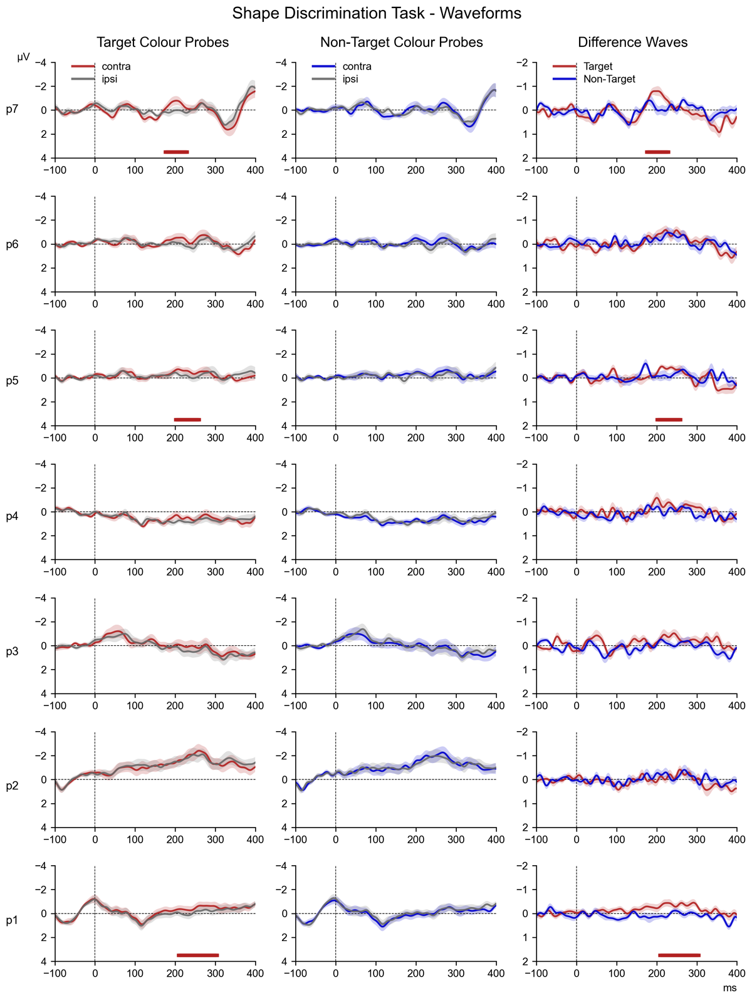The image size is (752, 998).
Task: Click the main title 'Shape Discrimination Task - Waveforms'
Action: [x=376, y=13]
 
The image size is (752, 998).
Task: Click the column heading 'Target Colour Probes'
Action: [x=162, y=42]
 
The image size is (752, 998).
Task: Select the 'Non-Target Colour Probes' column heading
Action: [x=402, y=42]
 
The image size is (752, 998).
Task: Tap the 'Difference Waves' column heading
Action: [x=632, y=42]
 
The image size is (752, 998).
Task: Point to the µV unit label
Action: [x=24, y=57]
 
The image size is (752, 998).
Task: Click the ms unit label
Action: [x=729, y=988]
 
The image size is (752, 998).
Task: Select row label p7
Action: [x=13, y=110]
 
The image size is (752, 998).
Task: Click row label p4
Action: [x=13, y=516]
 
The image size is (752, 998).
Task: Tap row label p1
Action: [x=13, y=920]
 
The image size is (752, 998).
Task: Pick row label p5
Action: [x=13, y=380]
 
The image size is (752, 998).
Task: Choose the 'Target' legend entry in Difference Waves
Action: [x=597, y=66]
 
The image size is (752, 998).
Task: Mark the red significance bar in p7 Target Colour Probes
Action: [x=176, y=152]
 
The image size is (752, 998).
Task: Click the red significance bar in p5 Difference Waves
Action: [x=669, y=419]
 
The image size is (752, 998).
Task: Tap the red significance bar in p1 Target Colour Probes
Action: [x=197, y=955]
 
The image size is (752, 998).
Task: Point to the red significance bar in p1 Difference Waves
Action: [x=679, y=955]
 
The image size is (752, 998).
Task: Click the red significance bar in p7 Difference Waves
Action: [x=657, y=152]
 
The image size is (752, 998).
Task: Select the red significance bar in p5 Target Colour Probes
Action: [x=187, y=419]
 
